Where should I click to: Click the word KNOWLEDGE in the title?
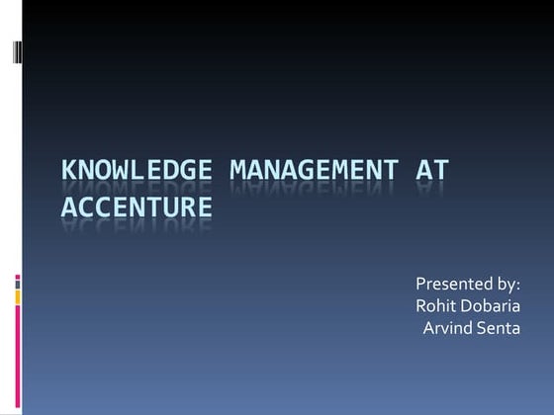pos(139,170)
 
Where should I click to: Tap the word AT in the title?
pos(432,170)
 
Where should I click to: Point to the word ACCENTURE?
pos(137,207)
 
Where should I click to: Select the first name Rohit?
pos(437,307)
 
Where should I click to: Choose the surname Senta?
pos(502,328)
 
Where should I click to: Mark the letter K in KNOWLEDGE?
pos(69,170)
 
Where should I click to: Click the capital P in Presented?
pos(420,286)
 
